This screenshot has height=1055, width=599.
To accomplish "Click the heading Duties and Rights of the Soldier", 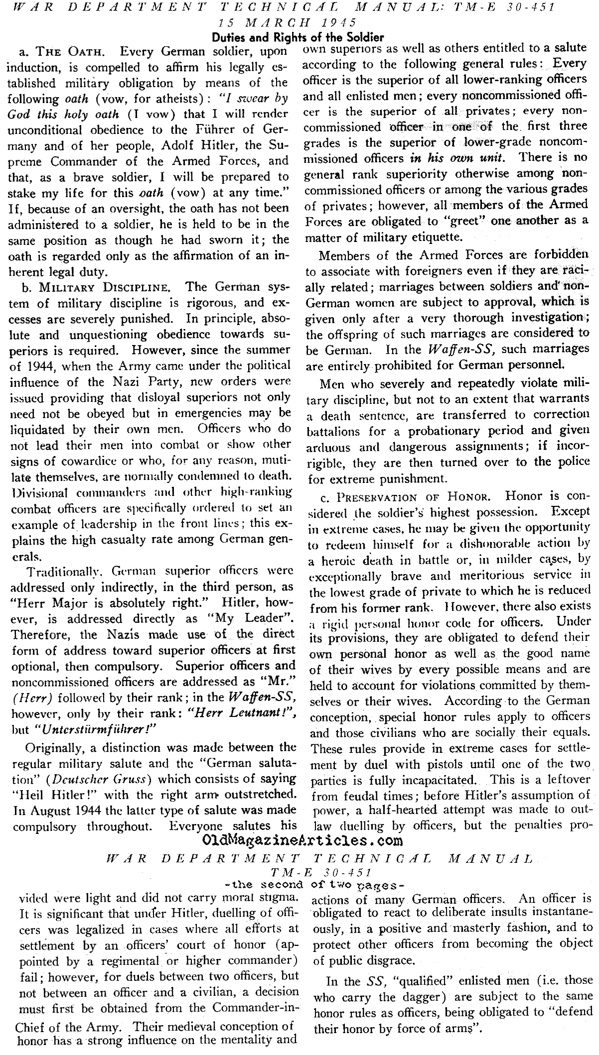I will pos(298,37).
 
